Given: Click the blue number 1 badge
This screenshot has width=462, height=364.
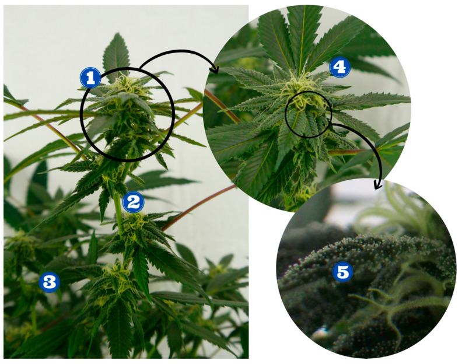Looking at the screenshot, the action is (x=90, y=78).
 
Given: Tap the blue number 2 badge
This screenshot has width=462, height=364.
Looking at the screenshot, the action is (x=133, y=202).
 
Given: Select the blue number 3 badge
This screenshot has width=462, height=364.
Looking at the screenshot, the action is (x=50, y=282).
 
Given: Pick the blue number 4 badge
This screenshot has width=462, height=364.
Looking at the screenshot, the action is (x=339, y=68).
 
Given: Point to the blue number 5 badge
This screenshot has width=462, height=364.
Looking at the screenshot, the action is (x=342, y=272).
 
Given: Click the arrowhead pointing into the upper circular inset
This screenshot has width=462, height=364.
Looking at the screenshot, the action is (x=215, y=69).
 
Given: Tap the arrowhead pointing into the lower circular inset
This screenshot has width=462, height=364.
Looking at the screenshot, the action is (x=377, y=185).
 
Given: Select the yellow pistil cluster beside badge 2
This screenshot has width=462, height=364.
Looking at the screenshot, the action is (x=135, y=225).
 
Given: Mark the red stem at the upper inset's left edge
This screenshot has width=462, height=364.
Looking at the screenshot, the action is (x=222, y=106).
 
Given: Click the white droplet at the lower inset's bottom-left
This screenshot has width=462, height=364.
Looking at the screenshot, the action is (x=320, y=332).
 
